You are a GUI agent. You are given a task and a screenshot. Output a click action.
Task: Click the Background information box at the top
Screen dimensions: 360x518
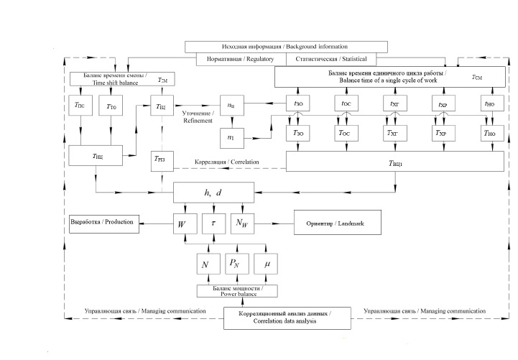click(287, 47)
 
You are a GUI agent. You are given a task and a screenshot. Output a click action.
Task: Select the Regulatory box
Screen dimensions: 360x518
click(235, 59)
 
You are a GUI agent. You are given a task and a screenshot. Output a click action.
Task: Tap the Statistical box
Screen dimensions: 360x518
click(336, 59)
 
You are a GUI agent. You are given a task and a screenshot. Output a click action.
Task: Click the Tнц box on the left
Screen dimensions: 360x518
click(97, 155)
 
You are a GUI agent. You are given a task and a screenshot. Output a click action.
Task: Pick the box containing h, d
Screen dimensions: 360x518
click(215, 191)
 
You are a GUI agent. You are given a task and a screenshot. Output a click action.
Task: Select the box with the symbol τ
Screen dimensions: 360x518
click(213, 224)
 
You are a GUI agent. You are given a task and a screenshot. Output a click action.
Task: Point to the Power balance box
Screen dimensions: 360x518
click(238, 291)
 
